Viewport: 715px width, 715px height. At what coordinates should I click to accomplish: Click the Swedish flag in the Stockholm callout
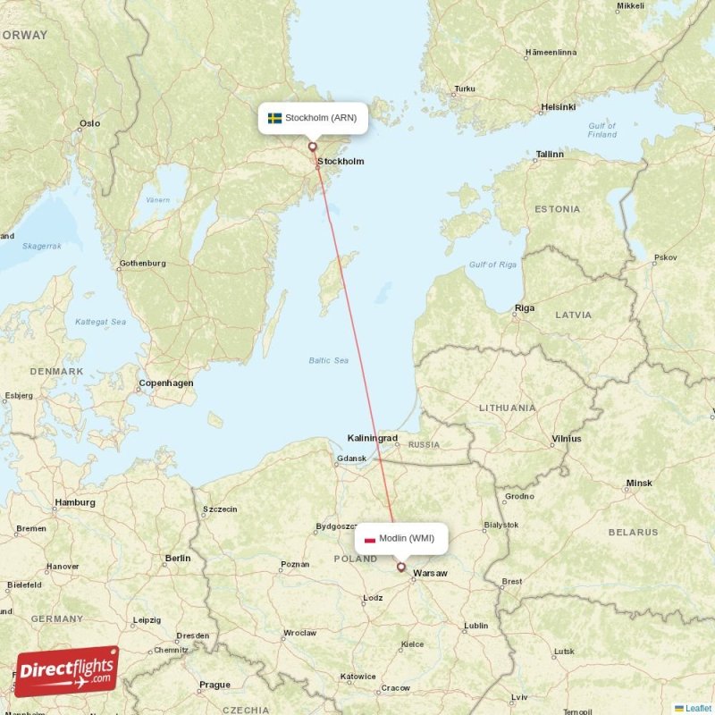(x=275, y=118)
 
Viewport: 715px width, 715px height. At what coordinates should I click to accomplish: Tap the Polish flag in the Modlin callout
(x=370, y=538)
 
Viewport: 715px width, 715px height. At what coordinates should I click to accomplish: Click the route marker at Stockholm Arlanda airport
(x=312, y=147)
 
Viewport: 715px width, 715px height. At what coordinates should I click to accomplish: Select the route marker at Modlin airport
(x=400, y=567)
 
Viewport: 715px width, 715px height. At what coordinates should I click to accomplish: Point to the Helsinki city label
(x=558, y=107)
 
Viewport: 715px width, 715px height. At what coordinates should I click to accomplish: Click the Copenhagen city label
(x=165, y=383)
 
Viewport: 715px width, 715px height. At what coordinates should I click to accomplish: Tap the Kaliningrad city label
(x=373, y=438)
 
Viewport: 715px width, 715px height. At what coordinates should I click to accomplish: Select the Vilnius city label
(x=566, y=439)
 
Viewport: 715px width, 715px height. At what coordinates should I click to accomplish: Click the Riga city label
(x=524, y=308)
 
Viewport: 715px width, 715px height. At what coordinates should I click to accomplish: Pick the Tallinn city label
(x=549, y=155)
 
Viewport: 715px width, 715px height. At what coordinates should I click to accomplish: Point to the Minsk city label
(x=638, y=484)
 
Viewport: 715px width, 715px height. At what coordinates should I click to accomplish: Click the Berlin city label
(x=177, y=559)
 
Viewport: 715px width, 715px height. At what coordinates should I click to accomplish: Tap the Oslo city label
(x=89, y=124)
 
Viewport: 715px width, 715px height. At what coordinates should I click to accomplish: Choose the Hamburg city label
(x=74, y=502)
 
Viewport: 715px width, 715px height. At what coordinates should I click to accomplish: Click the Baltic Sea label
(x=328, y=360)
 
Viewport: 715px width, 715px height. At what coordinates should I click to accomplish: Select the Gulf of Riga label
(x=492, y=265)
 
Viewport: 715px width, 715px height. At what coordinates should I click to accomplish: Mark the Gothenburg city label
(x=142, y=264)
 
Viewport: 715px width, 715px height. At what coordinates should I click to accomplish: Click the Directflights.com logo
(x=67, y=671)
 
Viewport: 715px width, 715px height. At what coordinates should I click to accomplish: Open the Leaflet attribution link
(x=697, y=708)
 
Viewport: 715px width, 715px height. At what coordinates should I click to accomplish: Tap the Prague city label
(x=214, y=686)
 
